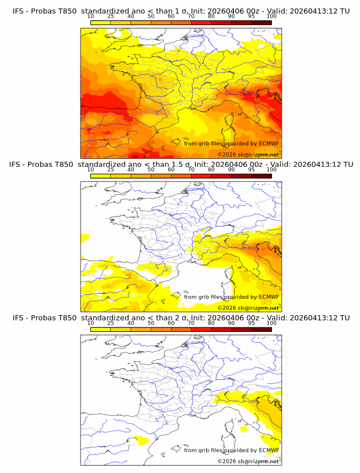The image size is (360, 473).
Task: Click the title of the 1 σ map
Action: coord(180,11)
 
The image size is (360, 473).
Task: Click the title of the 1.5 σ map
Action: coord(180,165)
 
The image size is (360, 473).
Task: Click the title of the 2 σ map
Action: coord(180,318)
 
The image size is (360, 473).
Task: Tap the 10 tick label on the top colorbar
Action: coord(91,17)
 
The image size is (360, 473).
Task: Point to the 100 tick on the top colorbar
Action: coord(271,17)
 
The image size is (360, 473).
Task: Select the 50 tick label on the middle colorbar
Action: coord(151,170)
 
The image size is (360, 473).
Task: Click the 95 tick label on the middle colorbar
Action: coord(251,170)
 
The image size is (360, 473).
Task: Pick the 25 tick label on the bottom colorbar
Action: coord(111,323)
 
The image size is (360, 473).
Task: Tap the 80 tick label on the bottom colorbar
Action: coord(211,323)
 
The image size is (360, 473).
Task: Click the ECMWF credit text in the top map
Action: coord(231,143)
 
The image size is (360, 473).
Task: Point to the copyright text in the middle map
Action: coord(248,308)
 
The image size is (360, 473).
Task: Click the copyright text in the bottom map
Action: coord(248,461)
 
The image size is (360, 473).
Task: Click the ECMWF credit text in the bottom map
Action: coord(231,450)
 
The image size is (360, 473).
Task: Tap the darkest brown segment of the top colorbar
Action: coord(262,22)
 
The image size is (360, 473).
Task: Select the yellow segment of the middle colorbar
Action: coord(101,176)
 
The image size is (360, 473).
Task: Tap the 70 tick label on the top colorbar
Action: coord(191,17)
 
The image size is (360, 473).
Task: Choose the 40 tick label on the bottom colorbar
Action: coord(131,323)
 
